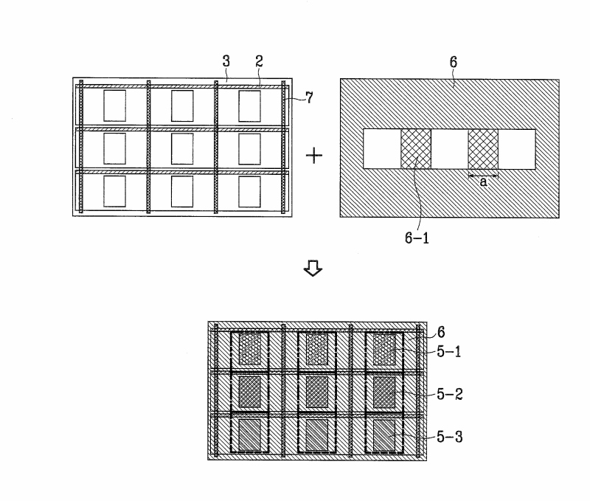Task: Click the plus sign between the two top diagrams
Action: (x=315, y=156)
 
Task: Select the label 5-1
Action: (x=449, y=352)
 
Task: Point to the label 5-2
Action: (x=449, y=394)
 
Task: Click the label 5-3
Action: (x=449, y=437)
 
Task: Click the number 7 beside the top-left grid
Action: (x=309, y=97)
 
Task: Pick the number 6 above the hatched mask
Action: (x=453, y=63)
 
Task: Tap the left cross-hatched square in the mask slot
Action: (x=415, y=148)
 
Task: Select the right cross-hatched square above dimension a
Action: (x=484, y=148)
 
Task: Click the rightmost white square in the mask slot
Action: (x=517, y=148)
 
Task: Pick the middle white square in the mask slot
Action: (x=449, y=148)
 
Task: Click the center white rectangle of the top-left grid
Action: (x=182, y=148)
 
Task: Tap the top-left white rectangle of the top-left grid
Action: (x=115, y=106)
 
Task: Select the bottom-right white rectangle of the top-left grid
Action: (x=249, y=191)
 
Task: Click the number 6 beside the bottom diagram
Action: (x=441, y=333)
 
